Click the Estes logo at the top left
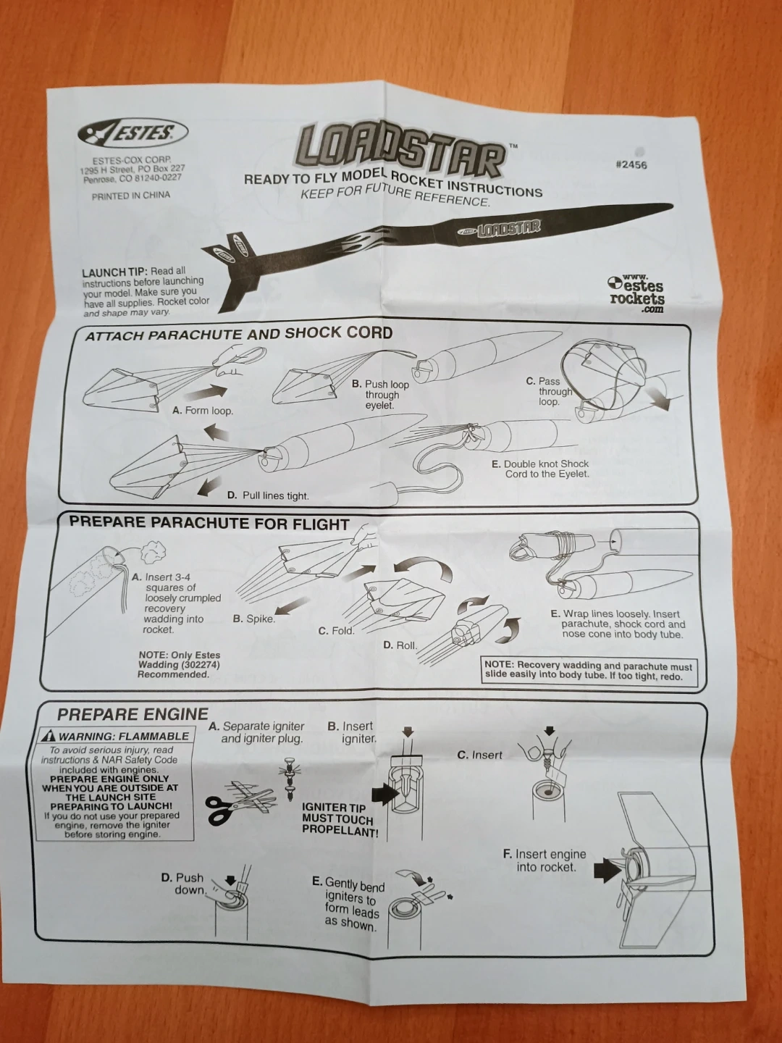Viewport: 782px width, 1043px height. [133, 133]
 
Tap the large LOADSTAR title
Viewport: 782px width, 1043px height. [400, 151]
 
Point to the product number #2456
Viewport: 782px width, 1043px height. [631, 164]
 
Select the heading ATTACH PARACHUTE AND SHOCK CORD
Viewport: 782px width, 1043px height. [238, 334]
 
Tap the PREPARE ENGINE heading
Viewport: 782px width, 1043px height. [133, 714]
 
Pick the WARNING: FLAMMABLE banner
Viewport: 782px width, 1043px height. [116, 736]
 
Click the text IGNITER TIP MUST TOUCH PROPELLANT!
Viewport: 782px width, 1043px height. [340, 820]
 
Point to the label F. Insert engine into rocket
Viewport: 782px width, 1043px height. [545, 860]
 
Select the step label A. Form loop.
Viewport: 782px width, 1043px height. [203, 411]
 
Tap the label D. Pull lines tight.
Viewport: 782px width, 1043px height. [268, 495]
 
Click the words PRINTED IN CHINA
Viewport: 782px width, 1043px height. [131, 196]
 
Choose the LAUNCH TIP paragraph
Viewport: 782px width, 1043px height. [145, 291]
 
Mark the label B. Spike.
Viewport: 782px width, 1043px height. [253, 619]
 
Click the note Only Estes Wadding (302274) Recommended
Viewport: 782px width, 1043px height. [179, 664]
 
